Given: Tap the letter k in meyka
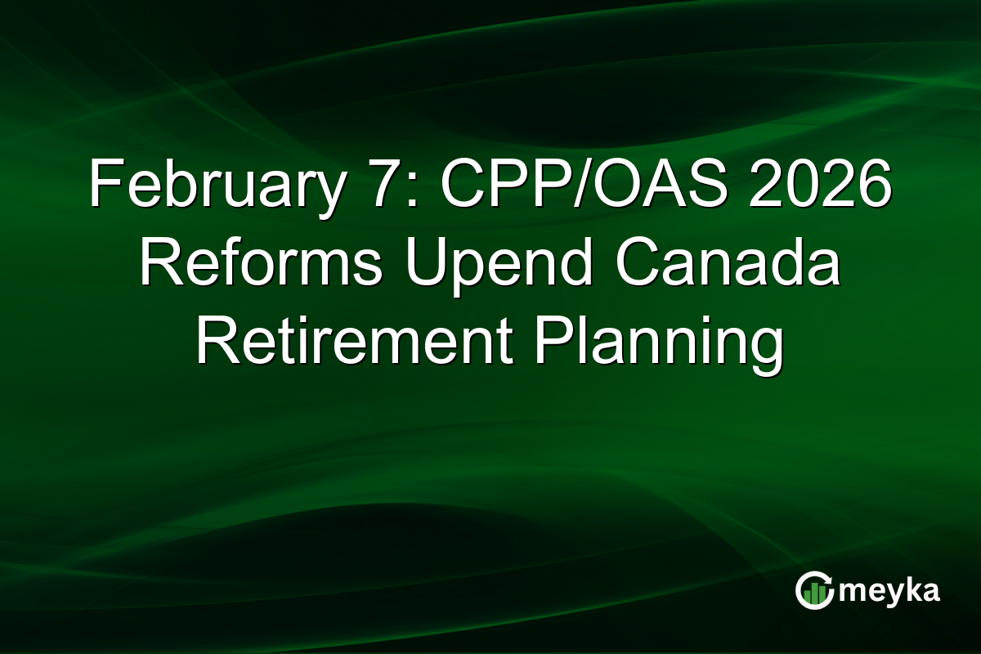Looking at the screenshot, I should pyautogui.click(x=914, y=589).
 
